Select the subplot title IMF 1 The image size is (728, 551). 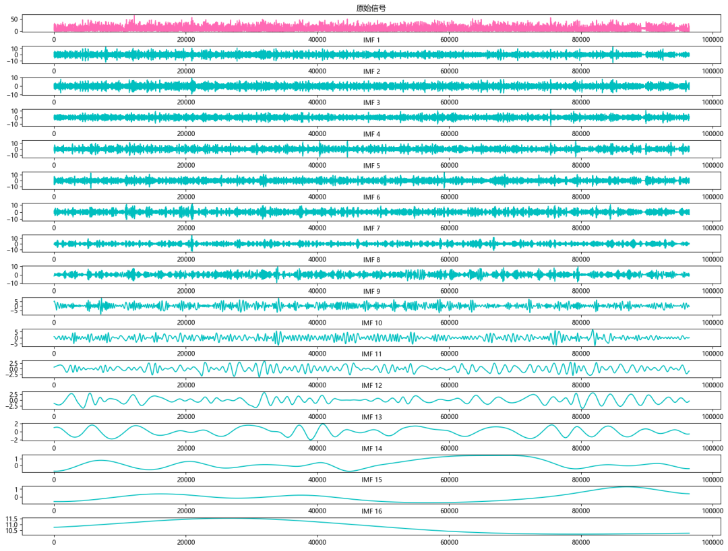pos(371,40)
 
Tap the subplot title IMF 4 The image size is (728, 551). pos(371,135)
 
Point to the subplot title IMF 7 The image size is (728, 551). pos(371,229)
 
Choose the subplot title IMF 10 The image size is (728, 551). pos(371,323)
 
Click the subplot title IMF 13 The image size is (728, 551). pos(371,418)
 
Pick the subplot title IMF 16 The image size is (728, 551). pos(371,512)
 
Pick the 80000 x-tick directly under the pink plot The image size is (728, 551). pos(581,38)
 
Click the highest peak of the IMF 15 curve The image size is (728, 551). pos(627,487)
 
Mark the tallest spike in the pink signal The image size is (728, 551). pos(134,15)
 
